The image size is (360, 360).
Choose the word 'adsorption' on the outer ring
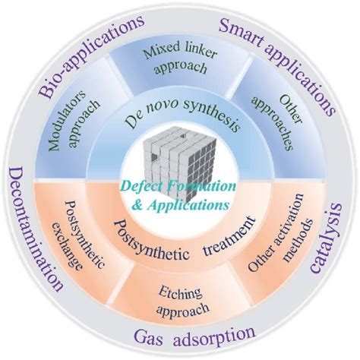(214, 335)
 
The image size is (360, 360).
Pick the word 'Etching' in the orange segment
(180, 294)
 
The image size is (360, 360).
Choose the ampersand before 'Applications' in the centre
(137, 205)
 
